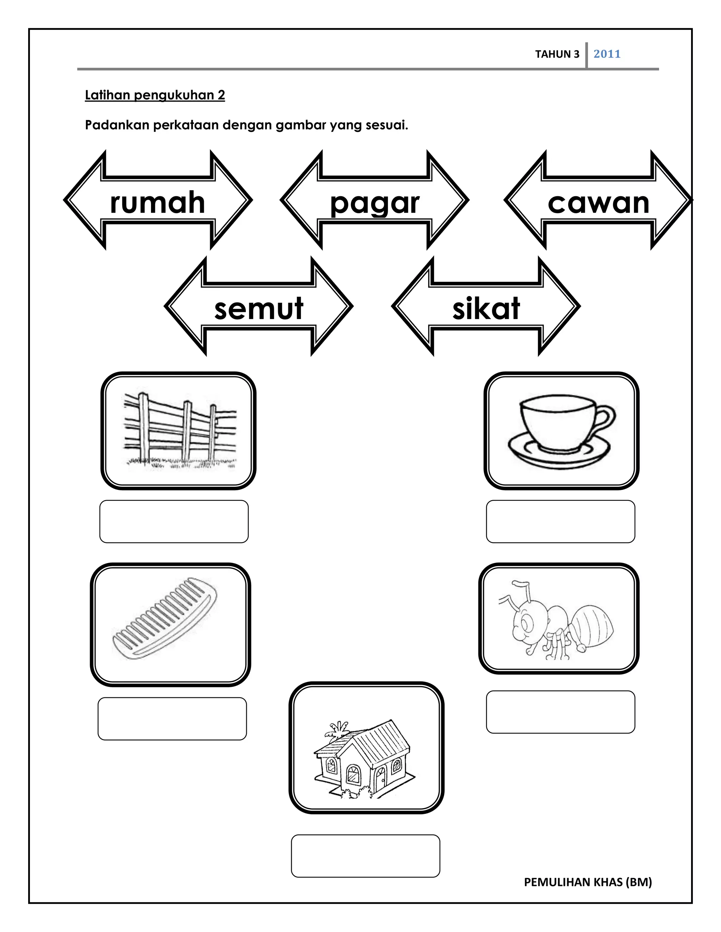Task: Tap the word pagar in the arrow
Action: click(x=375, y=204)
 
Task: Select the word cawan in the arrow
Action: click(x=598, y=203)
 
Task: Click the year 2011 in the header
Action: click(x=607, y=54)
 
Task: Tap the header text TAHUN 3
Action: click(x=557, y=54)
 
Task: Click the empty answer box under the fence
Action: click(x=174, y=522)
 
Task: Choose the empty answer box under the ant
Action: click(x=560, y=712)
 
